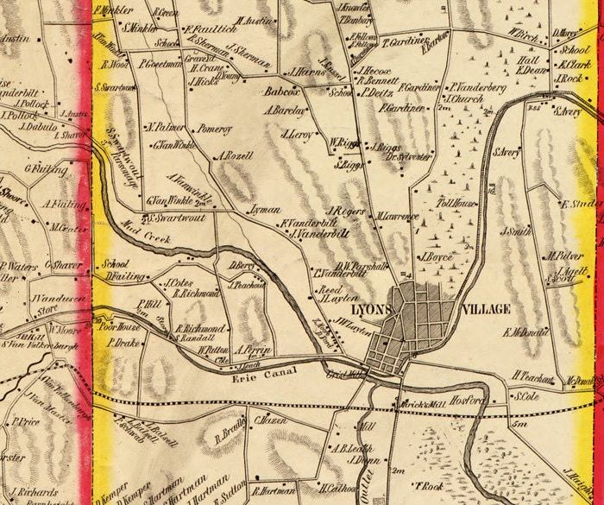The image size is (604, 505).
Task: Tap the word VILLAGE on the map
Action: click(488, 308)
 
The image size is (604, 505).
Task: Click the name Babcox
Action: click(280, 89)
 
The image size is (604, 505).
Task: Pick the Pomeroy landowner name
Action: click(215, 128)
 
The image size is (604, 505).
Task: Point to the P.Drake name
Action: click(123, 344)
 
